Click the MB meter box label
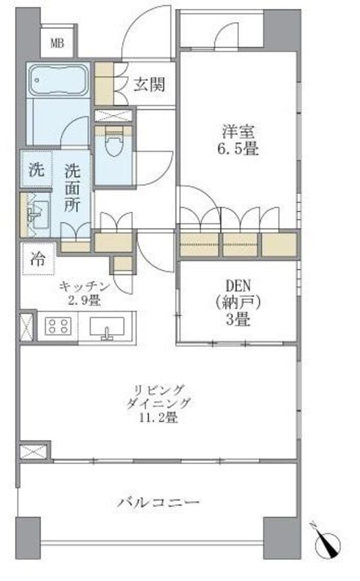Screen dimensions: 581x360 pos(58,43)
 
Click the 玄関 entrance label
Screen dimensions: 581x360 pos(146,85)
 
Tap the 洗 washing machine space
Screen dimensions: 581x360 pos(37,170)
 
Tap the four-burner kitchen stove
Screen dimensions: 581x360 pos(58,326)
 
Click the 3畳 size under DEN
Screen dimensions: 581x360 pos(237,319)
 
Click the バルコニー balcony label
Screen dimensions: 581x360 pos(158,502)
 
